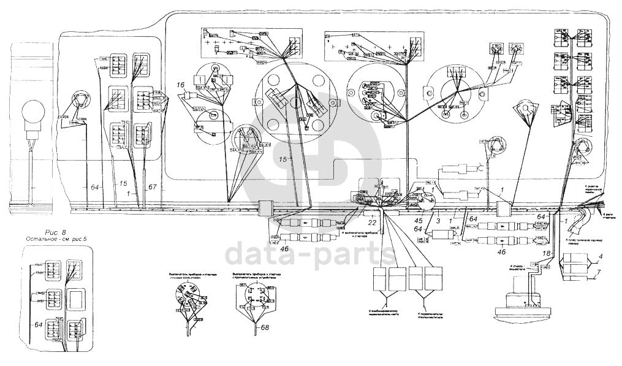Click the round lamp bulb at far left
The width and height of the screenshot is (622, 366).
[32, 115]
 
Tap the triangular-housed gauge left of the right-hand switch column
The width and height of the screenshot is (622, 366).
[525, 111]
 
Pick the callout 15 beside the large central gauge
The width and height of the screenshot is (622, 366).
[281, 159]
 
